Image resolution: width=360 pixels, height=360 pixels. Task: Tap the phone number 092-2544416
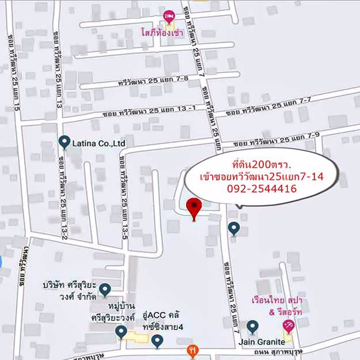tap(262, 188)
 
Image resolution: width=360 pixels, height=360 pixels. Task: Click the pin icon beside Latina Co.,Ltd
tap(64, 142)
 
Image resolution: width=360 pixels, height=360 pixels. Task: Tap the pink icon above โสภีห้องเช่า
tap(169, 17)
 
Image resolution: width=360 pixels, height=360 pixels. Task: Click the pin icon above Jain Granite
tap(252, 327)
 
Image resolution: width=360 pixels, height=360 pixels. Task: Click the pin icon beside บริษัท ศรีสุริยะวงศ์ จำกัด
tap(105, 289)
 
